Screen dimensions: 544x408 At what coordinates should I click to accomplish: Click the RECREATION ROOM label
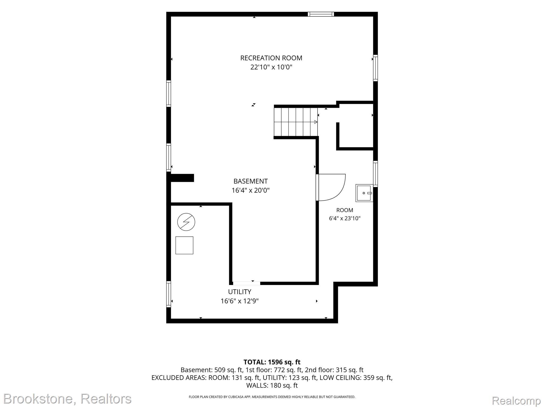pyautogui.click(x=271, y=58)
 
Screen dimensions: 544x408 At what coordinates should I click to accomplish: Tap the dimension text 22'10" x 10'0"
pyautogui.click(x=271, y=67)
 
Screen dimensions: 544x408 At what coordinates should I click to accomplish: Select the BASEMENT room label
pyautogui.click(x=250, y=181)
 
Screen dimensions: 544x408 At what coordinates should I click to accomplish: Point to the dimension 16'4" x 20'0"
pyautogui.click(x=250, y=190)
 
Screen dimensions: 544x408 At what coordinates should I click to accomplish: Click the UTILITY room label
pyautogui.click(x=240, y=292)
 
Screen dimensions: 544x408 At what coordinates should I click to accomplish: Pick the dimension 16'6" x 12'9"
pyautogui.click(x=240, y=301)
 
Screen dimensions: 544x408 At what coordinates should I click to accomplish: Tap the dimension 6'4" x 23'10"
pyautogui.click(x=345, y=218)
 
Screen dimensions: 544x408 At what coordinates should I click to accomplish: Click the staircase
pyautogui.click(x=296, y=122)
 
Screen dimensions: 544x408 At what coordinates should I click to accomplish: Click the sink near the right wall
pyautogui.click(x=364, y=193)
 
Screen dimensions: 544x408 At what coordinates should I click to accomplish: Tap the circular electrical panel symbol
pyautogui.click(x=186, y=222)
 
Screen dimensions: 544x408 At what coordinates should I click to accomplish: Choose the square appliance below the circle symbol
pyautogui.click(x=184, y=245)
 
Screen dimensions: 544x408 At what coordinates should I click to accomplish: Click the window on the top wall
pyautogui.click(x=321, y=14)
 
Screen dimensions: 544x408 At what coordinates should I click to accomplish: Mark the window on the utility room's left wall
pyautogui.click(x=169, y=294)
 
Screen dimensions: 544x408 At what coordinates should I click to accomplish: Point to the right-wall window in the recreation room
pyautogui.click(x=375, y=68)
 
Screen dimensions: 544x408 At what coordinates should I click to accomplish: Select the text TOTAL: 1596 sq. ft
pyautogui.click(x=272, y=362)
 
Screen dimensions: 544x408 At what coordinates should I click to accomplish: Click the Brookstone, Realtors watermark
pyautogui.click(x=67, y=399)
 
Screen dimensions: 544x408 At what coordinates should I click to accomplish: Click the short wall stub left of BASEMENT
pyautogui.click(x=182, y=178)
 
